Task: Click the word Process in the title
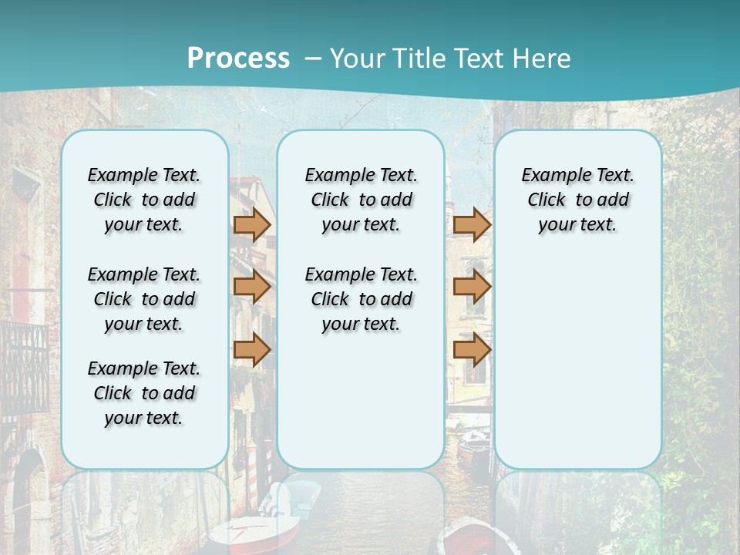[x=238, y=59]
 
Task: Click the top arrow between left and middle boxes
[x=251, y=224]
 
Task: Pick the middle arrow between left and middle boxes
[x=251, y=287]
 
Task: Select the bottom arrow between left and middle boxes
[x=251, y=350]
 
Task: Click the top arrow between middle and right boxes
[x=472, y=224]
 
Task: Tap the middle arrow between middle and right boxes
[x=472, y=287]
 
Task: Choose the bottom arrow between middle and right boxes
[x=472, y=350]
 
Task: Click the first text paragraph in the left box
[x=144, y=200]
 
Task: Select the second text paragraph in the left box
[x=144, y=299]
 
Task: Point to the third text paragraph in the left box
[x=144, y=393]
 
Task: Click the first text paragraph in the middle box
[x=361, y=200]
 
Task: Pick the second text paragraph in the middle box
[x=361, y=299]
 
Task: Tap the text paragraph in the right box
[x=577, y=200]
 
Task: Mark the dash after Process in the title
[x=313, y=59]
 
